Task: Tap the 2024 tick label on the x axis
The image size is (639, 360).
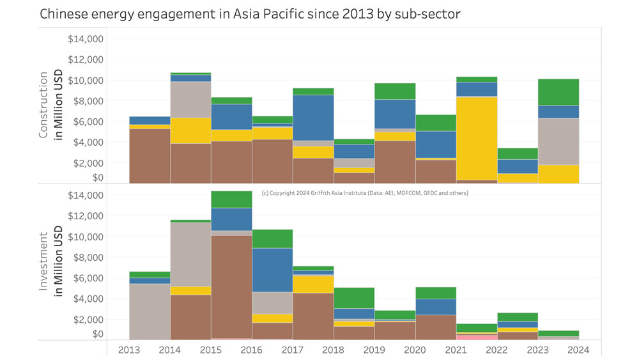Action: (578, 350)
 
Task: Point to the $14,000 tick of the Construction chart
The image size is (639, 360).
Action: (86, 39)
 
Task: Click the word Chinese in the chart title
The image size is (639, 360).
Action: (61, 13)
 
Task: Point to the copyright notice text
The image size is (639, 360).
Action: (365, 193)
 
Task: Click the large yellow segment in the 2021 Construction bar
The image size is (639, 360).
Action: (476, 138)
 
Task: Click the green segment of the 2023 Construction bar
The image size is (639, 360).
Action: (558, 92)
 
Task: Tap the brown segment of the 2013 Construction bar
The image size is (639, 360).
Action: (150, 155)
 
